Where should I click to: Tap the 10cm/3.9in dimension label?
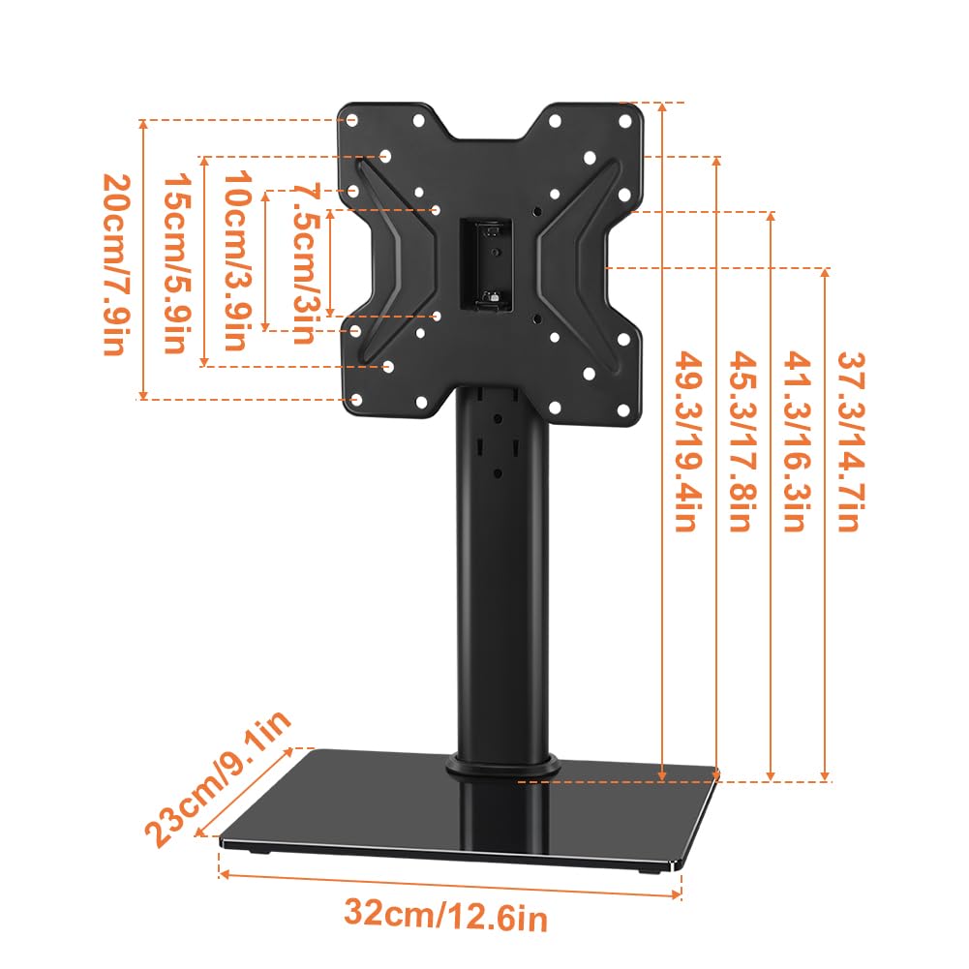point(238,262)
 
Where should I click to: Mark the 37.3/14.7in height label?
point(847,440)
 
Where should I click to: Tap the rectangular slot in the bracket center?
point(485,263)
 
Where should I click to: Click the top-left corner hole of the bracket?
point(352,120)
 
